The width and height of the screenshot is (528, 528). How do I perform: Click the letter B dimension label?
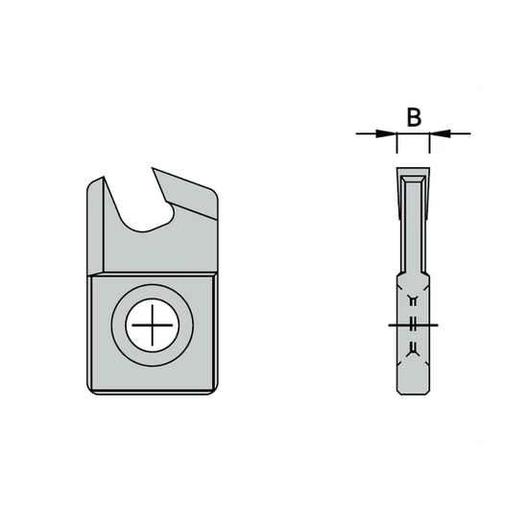[x=413, y=117]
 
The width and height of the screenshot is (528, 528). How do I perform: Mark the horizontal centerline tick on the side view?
[x=414, y=325]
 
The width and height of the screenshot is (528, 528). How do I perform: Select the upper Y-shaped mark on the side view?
[x=414, y=300]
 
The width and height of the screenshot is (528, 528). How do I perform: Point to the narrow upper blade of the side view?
[x=414, y=226]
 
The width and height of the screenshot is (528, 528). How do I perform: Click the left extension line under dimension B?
[x=396, y=146]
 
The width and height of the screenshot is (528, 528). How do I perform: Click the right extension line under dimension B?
[x=429, y=146]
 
